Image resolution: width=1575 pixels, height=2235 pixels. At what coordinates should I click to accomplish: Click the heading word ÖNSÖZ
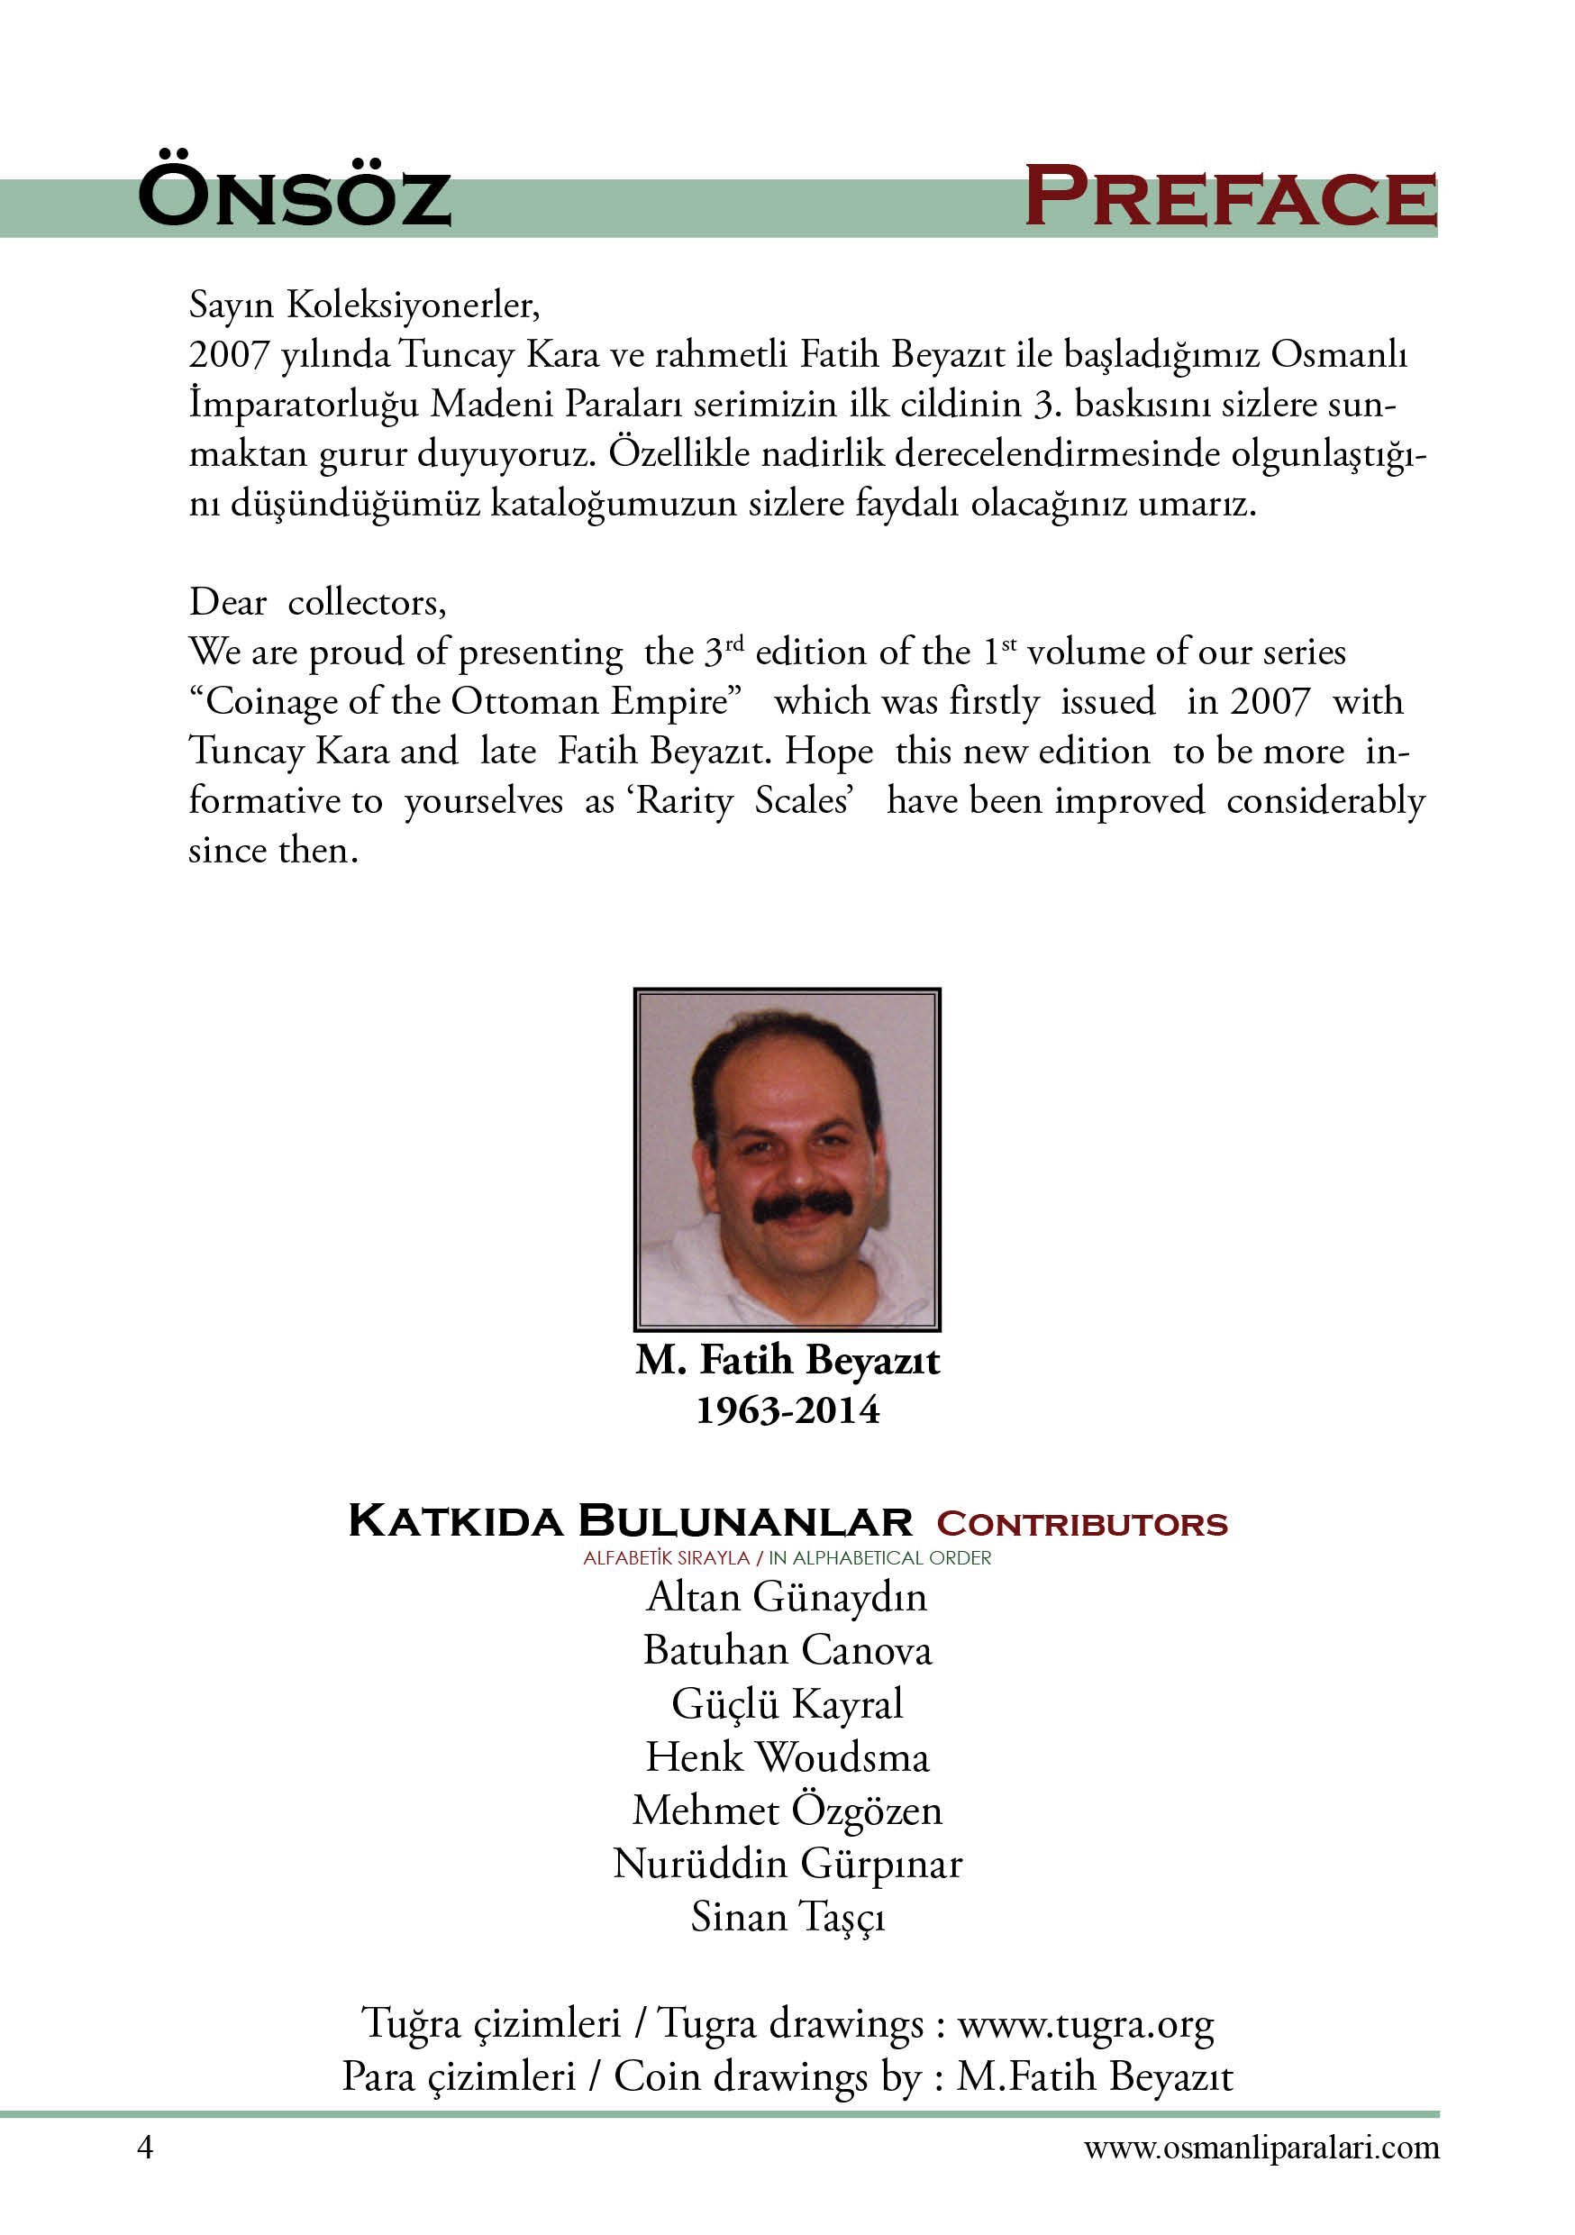(294, 196)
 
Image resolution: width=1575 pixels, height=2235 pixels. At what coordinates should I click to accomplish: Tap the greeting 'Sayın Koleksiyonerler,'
(364, 306)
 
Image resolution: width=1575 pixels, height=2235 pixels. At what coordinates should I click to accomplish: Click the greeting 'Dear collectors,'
(317, 603)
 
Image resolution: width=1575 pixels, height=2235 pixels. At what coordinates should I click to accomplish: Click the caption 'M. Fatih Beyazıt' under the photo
(787, 1361)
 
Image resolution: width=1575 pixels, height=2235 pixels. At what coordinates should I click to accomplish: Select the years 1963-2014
(787, 1410)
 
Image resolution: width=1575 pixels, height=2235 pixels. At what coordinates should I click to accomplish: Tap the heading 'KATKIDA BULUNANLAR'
(630, 1521)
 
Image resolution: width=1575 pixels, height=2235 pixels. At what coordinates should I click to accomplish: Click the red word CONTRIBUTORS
(1081, 1524)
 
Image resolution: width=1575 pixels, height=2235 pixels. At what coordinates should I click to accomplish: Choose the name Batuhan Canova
(787, 1651)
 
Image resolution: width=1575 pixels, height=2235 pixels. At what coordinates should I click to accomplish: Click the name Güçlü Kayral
(787, 1704)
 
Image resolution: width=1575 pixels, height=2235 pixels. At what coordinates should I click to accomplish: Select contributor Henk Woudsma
(787, 1757)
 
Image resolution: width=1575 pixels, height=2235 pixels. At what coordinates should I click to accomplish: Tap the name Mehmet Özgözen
(787, 1811)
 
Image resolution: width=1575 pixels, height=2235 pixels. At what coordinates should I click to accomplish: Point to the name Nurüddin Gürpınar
(787, 1864)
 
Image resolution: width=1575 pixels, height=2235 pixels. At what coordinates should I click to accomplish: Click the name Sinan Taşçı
(787, 1918)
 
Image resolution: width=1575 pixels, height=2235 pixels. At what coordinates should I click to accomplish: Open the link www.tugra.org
(1086, 2025)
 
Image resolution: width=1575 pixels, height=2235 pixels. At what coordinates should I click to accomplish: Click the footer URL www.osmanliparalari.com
(1261, 2148)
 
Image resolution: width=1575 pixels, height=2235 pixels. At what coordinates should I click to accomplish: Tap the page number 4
(145, 2148)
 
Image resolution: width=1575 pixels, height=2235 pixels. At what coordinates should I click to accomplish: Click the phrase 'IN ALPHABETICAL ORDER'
(880, 1557)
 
